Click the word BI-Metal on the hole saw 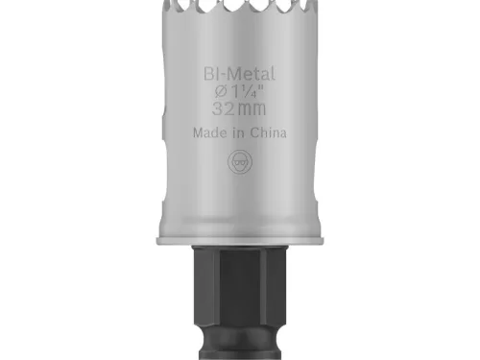tap(239, 72)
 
